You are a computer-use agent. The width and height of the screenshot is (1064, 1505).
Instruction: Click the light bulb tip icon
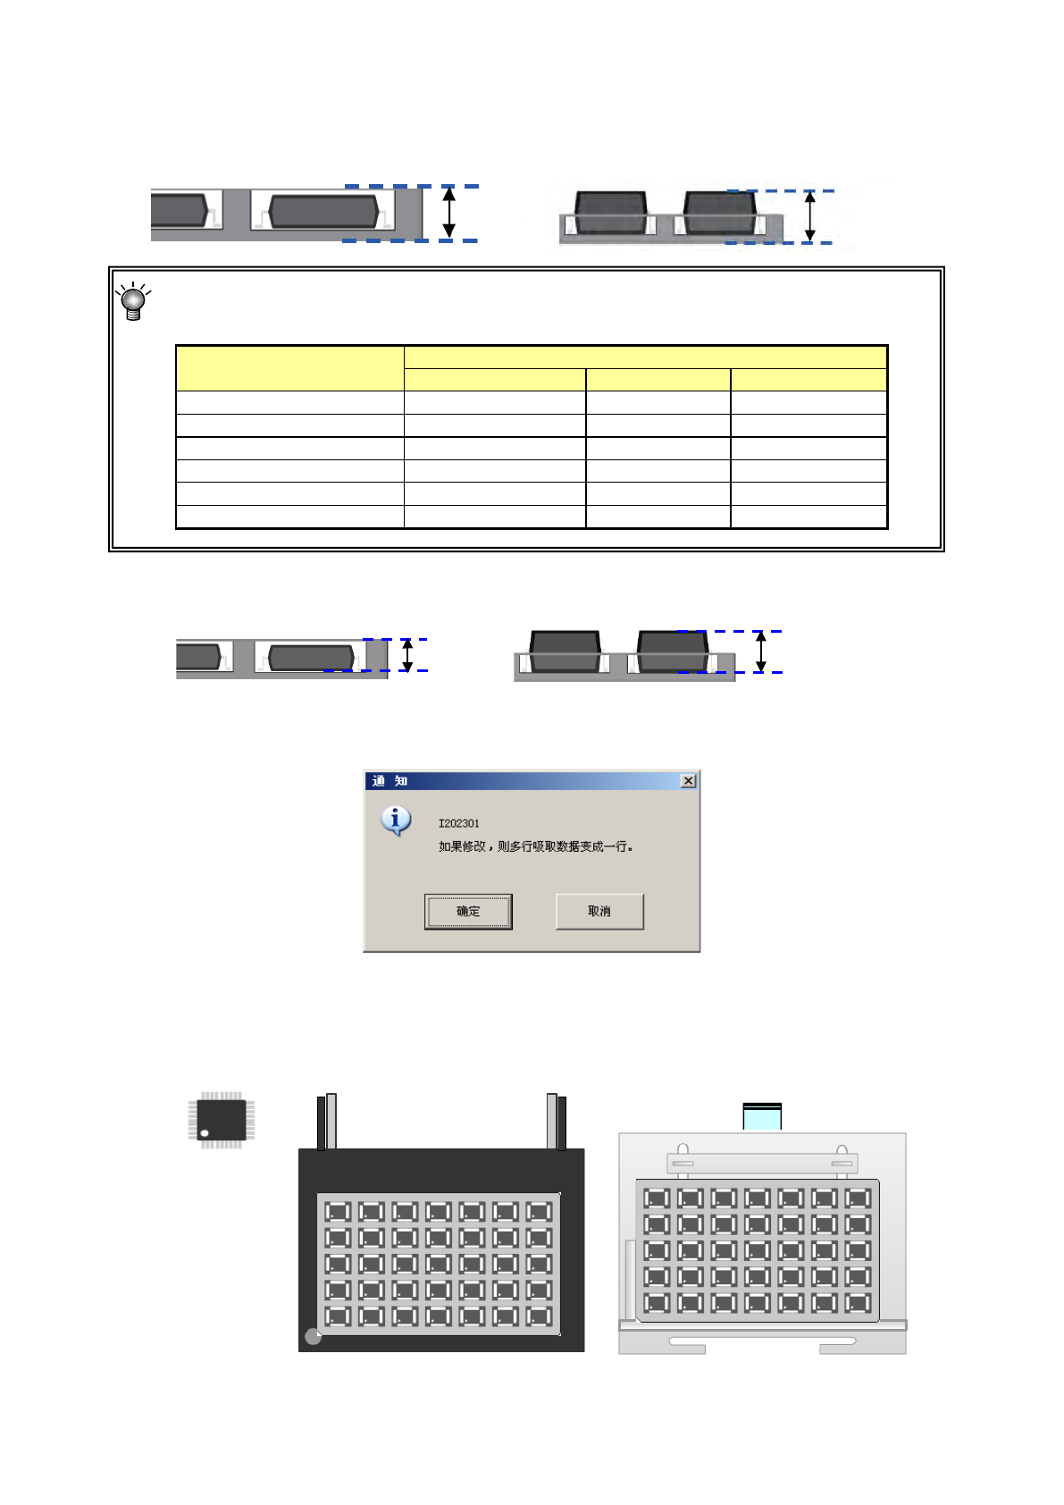click(x=133, y=301)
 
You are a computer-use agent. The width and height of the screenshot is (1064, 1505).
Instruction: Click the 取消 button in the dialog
click(x=599, y=912)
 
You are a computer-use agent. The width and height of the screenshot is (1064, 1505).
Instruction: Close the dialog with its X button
click(x=688, y=781)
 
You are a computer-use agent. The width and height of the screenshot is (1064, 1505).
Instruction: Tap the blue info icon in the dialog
click(x=396, y=820)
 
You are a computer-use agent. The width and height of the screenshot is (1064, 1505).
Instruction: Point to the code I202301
click(x=458, y=824)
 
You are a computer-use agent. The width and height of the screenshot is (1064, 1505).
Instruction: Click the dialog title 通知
click(x=390, y=781)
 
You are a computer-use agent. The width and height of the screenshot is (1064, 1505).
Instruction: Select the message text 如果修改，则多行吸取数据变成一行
click(x=535, y=847)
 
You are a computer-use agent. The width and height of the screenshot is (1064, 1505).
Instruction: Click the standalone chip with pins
click(x=222, y=1120)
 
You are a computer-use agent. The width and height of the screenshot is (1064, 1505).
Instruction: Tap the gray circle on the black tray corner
click(x=313, y=1337)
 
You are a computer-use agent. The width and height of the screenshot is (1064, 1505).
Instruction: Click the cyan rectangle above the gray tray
click(x=762, y=1117)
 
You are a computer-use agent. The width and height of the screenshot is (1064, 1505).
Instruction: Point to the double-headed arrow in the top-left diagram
click(x=449, y=213)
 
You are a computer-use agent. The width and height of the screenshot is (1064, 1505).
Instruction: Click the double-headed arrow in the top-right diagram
click(x=810, y=217)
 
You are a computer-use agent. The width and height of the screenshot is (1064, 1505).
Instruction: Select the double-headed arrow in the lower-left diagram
click(x=407, y=654)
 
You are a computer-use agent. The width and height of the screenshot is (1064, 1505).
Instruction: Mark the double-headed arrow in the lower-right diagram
click(x=760, y=652)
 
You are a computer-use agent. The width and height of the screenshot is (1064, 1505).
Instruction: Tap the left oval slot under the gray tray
click(x=700, y=1341)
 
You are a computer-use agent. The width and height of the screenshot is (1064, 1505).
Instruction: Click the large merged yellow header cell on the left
click(x=289, y=368)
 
